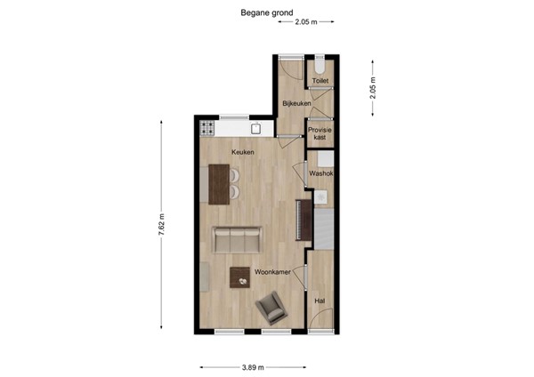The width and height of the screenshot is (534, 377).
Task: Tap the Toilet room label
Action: [x=320, y=81]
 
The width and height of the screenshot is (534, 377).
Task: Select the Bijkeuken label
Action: [x=295, y=104]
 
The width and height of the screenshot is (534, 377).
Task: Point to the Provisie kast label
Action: [x=320, y=133]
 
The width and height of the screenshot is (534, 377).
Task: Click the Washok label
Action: [x=320, y=173]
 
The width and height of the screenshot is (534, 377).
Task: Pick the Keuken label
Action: [x=243, y=152]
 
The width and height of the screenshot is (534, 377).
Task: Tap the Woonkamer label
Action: [x=271, y=270]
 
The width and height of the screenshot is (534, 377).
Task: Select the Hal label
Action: [x=320, y=301]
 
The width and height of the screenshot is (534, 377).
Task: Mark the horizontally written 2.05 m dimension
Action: [x=307, y=20]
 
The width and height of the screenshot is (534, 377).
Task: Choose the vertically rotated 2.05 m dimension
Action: [x=373, y=87]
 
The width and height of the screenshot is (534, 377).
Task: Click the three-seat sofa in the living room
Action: [x=237, y=239]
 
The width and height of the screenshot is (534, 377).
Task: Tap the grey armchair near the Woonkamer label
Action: [x=271, y=309]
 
